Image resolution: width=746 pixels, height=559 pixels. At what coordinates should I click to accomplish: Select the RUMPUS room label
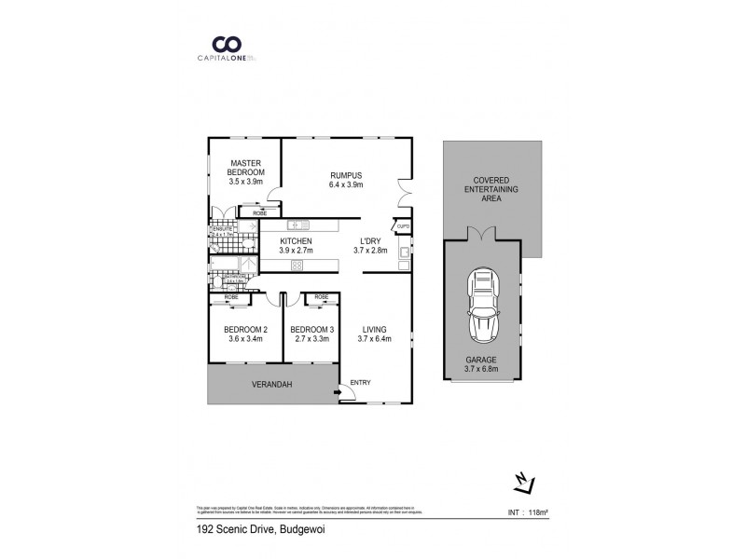tap(345, 174)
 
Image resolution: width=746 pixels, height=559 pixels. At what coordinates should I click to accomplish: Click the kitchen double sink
tap(299, 225)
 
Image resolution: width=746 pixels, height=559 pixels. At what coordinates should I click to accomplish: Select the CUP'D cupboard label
tap(403, 226)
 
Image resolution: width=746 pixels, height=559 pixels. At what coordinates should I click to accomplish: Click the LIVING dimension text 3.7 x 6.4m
tap(375, 339)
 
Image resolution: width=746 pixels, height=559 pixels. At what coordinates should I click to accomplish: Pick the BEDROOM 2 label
tap(246, 330)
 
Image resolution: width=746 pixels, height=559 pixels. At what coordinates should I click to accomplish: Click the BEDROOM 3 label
tap(311, 330)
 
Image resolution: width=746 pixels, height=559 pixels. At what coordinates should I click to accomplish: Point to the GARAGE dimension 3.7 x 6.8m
tap(481, 369)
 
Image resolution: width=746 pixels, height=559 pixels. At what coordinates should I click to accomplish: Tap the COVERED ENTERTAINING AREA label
tap(490, 189)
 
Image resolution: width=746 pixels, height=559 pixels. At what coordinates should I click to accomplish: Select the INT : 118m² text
tap(529, 511)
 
